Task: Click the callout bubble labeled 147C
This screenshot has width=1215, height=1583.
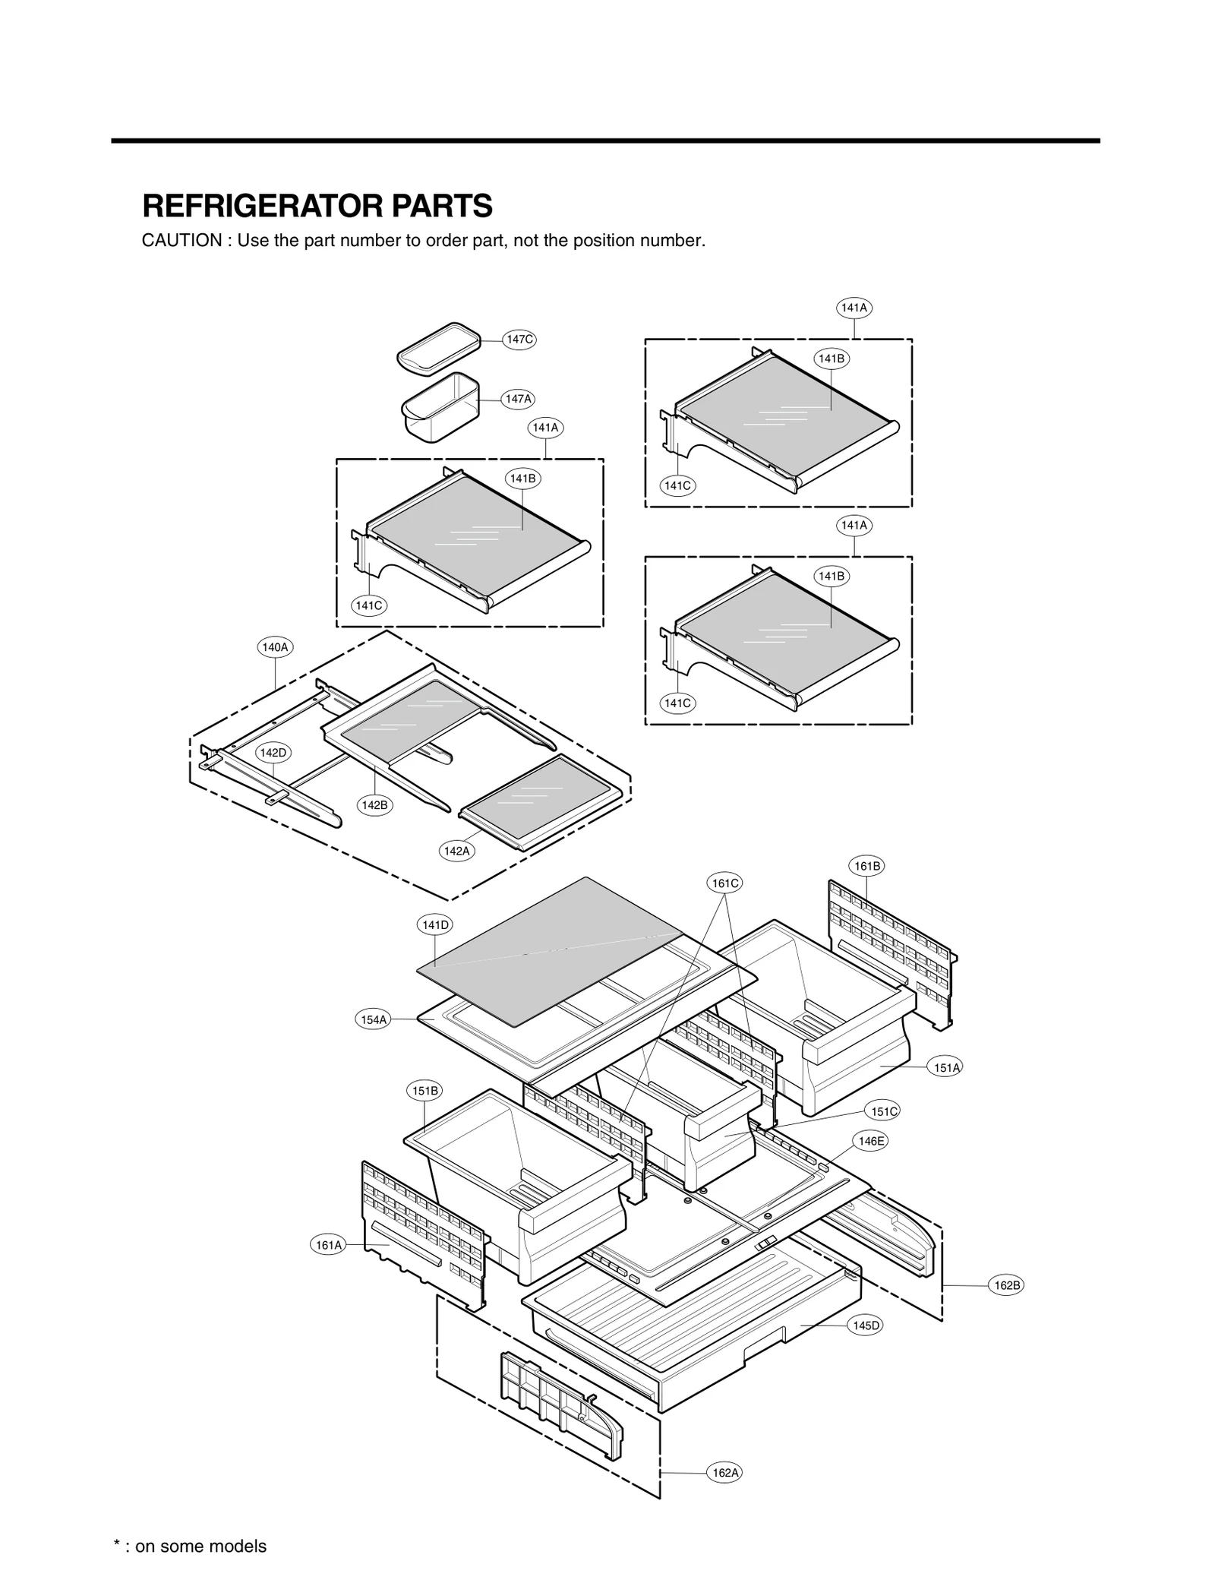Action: coord(519,340)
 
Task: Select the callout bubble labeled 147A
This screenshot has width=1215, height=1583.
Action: coord(519,399)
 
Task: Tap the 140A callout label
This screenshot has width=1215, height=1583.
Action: coord(275,647)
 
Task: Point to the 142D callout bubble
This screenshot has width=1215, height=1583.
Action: coord(273,753)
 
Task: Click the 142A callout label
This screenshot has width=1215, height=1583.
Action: coord(456,851)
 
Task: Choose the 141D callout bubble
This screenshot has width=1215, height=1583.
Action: coord(435,924)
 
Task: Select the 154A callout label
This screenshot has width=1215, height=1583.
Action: coord(374,1019)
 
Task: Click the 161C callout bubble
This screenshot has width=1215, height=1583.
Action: coord(724,883)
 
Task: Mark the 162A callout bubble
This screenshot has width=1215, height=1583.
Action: coord(725,1473)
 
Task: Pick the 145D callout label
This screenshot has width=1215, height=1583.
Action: coord(866,1325)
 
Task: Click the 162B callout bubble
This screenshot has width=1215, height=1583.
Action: coord(1007,1285)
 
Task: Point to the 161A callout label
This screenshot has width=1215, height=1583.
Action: coord(329,1245)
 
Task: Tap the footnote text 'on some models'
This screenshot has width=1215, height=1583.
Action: coord(200,1546)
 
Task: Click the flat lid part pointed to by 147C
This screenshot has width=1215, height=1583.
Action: coord(439,348)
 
